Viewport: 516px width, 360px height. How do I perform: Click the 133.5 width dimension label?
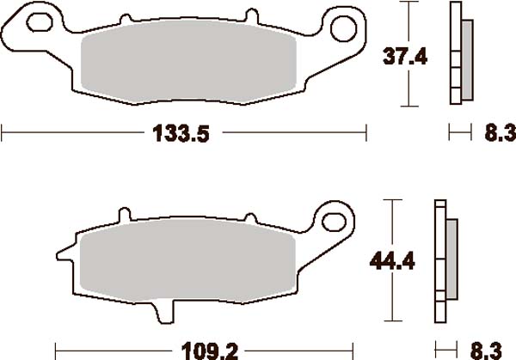coord(181,133)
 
